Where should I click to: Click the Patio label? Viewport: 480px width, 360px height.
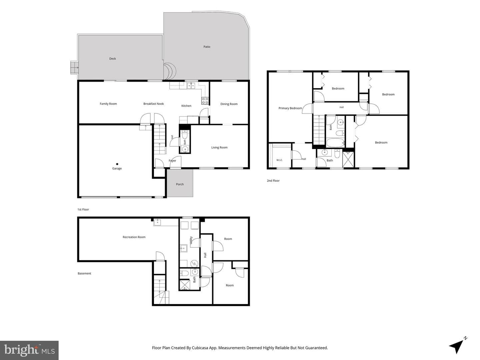207,47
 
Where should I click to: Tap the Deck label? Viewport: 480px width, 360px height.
112,59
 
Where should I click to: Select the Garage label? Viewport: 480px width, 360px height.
117,169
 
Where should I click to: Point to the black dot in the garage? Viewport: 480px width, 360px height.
117,164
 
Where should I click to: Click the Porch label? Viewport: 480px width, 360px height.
180,184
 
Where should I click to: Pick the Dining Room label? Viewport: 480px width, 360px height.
229,104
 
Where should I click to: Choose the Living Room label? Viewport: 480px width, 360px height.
219,148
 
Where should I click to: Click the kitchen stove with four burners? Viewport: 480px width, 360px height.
205,101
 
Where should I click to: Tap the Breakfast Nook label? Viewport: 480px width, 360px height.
154,104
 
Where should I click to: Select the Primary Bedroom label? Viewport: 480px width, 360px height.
290,108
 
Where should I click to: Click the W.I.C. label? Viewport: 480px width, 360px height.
279,160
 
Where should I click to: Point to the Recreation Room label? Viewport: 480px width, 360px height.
134,237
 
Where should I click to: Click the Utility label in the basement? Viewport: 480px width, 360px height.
191,240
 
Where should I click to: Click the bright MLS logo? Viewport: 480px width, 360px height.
29,350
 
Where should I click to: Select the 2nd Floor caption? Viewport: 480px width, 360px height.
273,181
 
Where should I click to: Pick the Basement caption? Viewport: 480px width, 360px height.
84,273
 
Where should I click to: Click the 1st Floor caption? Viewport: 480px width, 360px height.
83,209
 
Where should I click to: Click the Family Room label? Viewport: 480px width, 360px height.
108,104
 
